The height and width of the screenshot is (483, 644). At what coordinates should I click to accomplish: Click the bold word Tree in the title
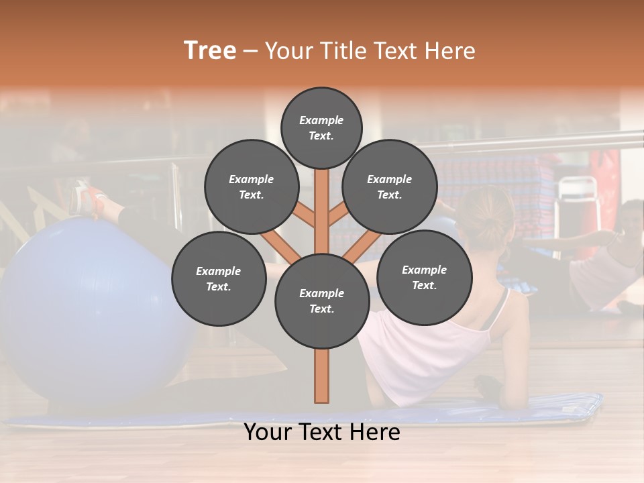210,51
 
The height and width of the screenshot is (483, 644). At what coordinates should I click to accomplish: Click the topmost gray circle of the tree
321,127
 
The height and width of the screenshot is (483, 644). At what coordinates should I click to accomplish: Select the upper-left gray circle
251,186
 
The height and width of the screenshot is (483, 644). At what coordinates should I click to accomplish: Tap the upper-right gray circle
389,186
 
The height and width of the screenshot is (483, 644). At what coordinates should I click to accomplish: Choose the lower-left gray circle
219,278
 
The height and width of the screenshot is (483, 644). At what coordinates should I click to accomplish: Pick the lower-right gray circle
424,277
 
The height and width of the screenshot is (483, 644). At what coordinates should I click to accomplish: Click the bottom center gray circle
322,301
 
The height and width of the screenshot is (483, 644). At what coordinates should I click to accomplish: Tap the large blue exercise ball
80,309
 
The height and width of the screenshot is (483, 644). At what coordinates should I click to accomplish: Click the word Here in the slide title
449,51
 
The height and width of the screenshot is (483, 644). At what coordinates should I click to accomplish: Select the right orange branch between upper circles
338,215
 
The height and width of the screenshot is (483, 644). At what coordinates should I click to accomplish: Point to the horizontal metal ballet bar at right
537,142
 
